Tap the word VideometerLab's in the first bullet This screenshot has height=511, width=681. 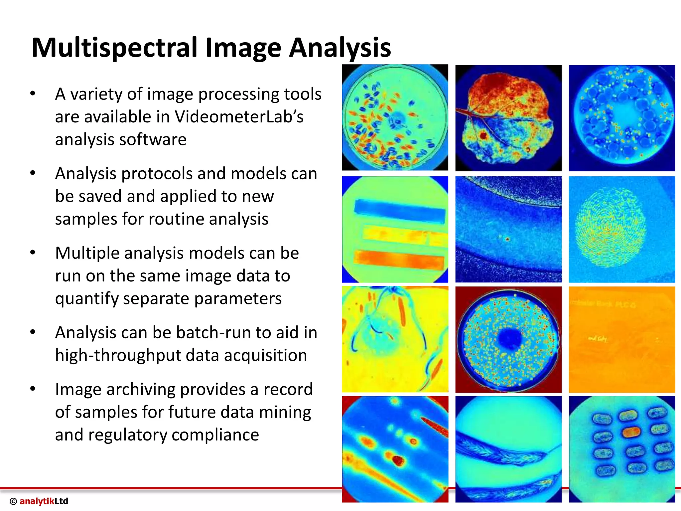pos(239,117)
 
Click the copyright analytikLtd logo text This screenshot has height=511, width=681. pos(39,501)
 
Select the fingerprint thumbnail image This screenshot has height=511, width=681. pos(621,229)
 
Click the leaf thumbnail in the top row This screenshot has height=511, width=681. pos(508,118)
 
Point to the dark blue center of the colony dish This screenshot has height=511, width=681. pos(509,339)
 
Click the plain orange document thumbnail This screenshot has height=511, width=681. pos(621,339)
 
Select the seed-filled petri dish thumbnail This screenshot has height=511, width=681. pos(395,118)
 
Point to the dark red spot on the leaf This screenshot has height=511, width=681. pos(483,135)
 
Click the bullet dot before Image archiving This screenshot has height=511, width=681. pos(33,389)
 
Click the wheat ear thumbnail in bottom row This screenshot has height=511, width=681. pos(508,449)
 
